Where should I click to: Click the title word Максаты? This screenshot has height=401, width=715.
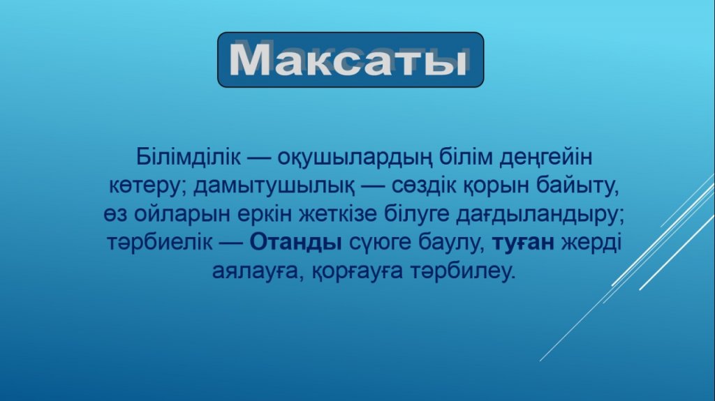[348, 59]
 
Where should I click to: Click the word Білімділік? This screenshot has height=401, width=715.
[188, 157]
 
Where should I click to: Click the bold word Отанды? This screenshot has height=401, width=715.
[296, 243]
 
